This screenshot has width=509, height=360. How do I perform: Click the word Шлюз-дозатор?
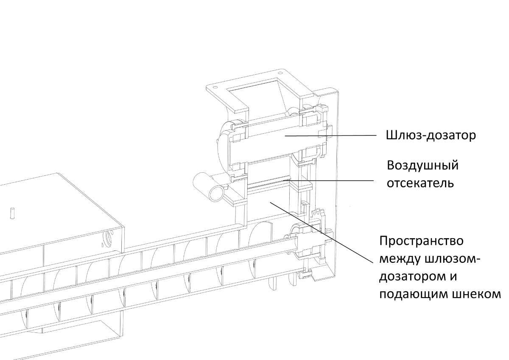tap(431, 135)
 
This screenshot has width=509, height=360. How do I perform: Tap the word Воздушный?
tap(422, 166)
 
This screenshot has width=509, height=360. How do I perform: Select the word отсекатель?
tap(420, 183)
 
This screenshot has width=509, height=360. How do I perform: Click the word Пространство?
tap(421, 242)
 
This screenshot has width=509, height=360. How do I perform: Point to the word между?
tap(400, 259)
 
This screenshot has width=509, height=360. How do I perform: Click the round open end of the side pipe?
tap(217, 194)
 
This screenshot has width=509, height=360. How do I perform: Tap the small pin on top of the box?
tap(12, 213)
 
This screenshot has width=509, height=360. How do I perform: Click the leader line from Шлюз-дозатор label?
tap(330, 135)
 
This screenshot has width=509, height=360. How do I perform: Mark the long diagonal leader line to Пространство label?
tap(322, 232)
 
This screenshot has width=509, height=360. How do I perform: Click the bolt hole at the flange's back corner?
tap(280, 73)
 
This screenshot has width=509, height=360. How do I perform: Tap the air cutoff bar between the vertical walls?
tap(268, 183)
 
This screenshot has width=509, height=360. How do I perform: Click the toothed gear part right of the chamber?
tap(318, 212)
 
